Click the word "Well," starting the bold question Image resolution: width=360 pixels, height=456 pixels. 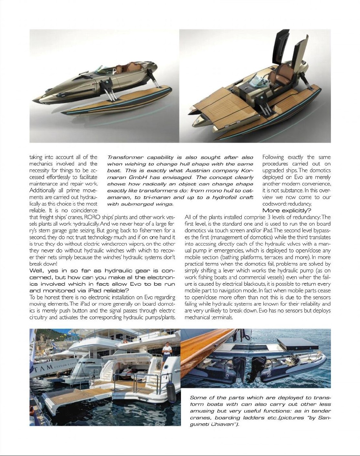pos(38,270)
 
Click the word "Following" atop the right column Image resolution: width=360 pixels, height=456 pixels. pos(273,157)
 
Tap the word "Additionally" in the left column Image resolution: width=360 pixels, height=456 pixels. pos(44,190)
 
